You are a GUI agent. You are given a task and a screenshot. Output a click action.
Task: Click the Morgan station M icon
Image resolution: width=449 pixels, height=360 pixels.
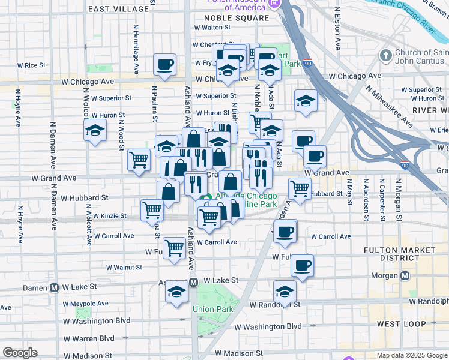click(405, 276)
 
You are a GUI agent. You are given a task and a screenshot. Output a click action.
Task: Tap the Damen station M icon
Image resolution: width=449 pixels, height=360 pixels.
click(55, 287)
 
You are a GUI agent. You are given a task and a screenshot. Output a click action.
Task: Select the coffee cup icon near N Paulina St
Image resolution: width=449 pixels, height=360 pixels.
click(164, 65)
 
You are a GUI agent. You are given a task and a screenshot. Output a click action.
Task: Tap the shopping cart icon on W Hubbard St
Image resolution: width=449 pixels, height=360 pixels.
click(300, 188)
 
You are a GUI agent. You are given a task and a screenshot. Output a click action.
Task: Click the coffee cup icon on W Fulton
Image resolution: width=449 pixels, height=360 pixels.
click(303, 265)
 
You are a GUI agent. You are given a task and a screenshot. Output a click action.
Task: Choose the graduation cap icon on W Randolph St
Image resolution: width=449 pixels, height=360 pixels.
click(285, 292)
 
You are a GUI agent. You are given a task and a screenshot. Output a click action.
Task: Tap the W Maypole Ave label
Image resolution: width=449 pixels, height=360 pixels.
click(86, 304)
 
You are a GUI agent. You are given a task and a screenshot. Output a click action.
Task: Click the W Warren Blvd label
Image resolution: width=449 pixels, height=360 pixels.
click(89, 338)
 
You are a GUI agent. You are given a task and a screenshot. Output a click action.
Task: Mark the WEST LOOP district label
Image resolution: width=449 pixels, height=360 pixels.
click(402, 324)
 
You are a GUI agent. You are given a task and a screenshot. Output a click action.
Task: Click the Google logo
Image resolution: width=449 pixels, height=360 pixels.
click(20, 353)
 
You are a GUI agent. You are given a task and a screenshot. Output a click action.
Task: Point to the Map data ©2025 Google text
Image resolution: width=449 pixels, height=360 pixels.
click(411, 355)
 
